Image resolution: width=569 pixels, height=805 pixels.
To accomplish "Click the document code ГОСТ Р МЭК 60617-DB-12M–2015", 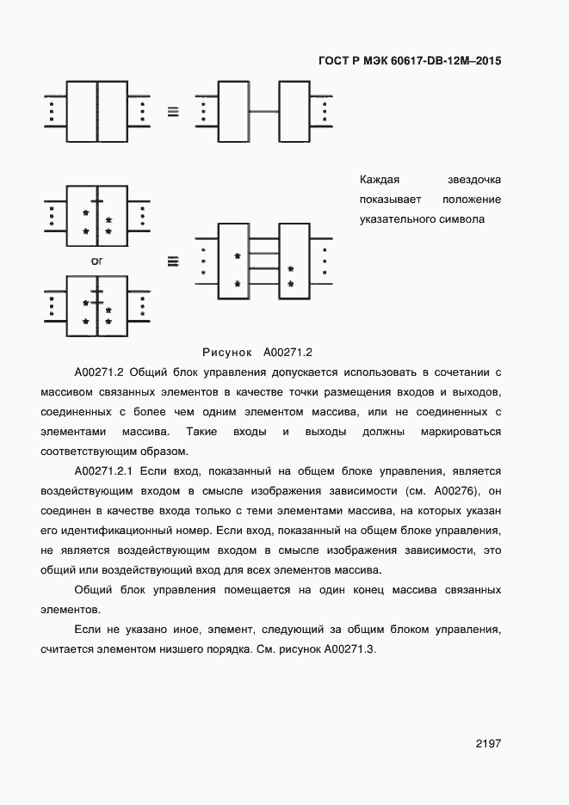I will click(x=410, y=61).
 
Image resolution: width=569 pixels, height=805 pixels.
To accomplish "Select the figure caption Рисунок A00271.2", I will click(x=257, y=352).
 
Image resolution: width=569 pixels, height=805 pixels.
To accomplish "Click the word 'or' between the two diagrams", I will click(x=97, y=260).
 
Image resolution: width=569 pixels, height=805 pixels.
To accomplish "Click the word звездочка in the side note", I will click(x=474, y=180).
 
